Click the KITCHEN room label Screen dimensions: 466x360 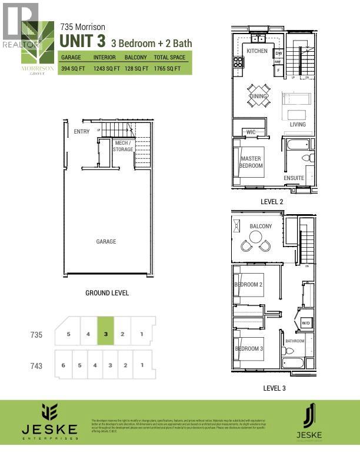pyautogui.click(x=257, y=51)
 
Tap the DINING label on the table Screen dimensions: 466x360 pyautogui.click(x=258, y=96)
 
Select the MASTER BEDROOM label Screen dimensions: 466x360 pyautogui.click(x=251, y=162)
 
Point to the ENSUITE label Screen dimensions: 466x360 pyautogui.click(x=294, y=178)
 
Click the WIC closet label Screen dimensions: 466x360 pyautogui.click(x=251, y=132)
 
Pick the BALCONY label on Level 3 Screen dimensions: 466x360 pyautogui.click(x=261, y=227)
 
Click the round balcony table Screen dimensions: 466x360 pyautogui.click(x=256, y=237)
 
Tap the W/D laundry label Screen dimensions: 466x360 pyautogui.click(x=306, y=323)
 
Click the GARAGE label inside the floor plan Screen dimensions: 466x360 pyautogui.click(x=106, y=241)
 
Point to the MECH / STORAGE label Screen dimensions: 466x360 pyautogui.click(x=123, y=146)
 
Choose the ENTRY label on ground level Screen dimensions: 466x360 pyautogui.click(x=82, y=132)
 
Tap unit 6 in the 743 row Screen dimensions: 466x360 pyautogui.click(x=63, y=365)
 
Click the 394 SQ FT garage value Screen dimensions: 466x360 pyautogui.click(x=74, y=69)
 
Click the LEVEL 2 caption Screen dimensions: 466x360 pyautogui.click(x=272, y=201)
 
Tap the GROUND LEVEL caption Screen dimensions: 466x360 pyautogui.click(x=107, y=292)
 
